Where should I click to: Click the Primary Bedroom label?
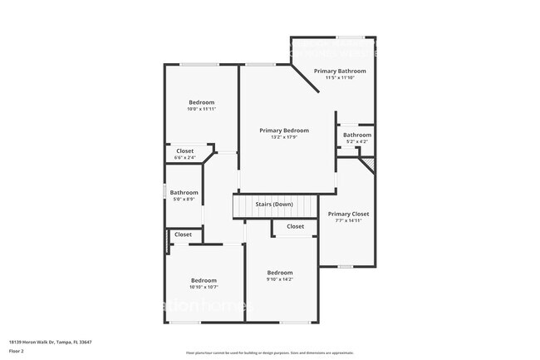click(283, 131)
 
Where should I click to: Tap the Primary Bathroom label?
click(340, 72)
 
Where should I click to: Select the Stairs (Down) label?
click(273, 205)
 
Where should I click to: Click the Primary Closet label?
click(348, 214)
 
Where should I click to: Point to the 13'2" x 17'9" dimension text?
click(283, 137)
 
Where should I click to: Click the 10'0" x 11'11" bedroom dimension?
click(201, 109)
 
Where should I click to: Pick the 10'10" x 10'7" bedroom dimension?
click(204, 287)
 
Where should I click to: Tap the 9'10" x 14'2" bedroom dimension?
click(279, 279)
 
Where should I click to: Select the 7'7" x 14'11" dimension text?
click(348, 220)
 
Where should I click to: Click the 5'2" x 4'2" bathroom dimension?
click(357, 141)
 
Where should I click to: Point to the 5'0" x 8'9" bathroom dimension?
click(184, 199)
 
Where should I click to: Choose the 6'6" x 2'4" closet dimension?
click(184, 158)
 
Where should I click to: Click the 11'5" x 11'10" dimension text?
click(340, 78)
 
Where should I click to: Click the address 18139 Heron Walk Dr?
click(50, 342)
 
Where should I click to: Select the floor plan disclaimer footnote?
click(269, 353)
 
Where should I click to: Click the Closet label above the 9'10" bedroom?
click(295, 226)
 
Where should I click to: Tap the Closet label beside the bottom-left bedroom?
click(183, 234)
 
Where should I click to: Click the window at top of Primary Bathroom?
click(348, 37)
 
